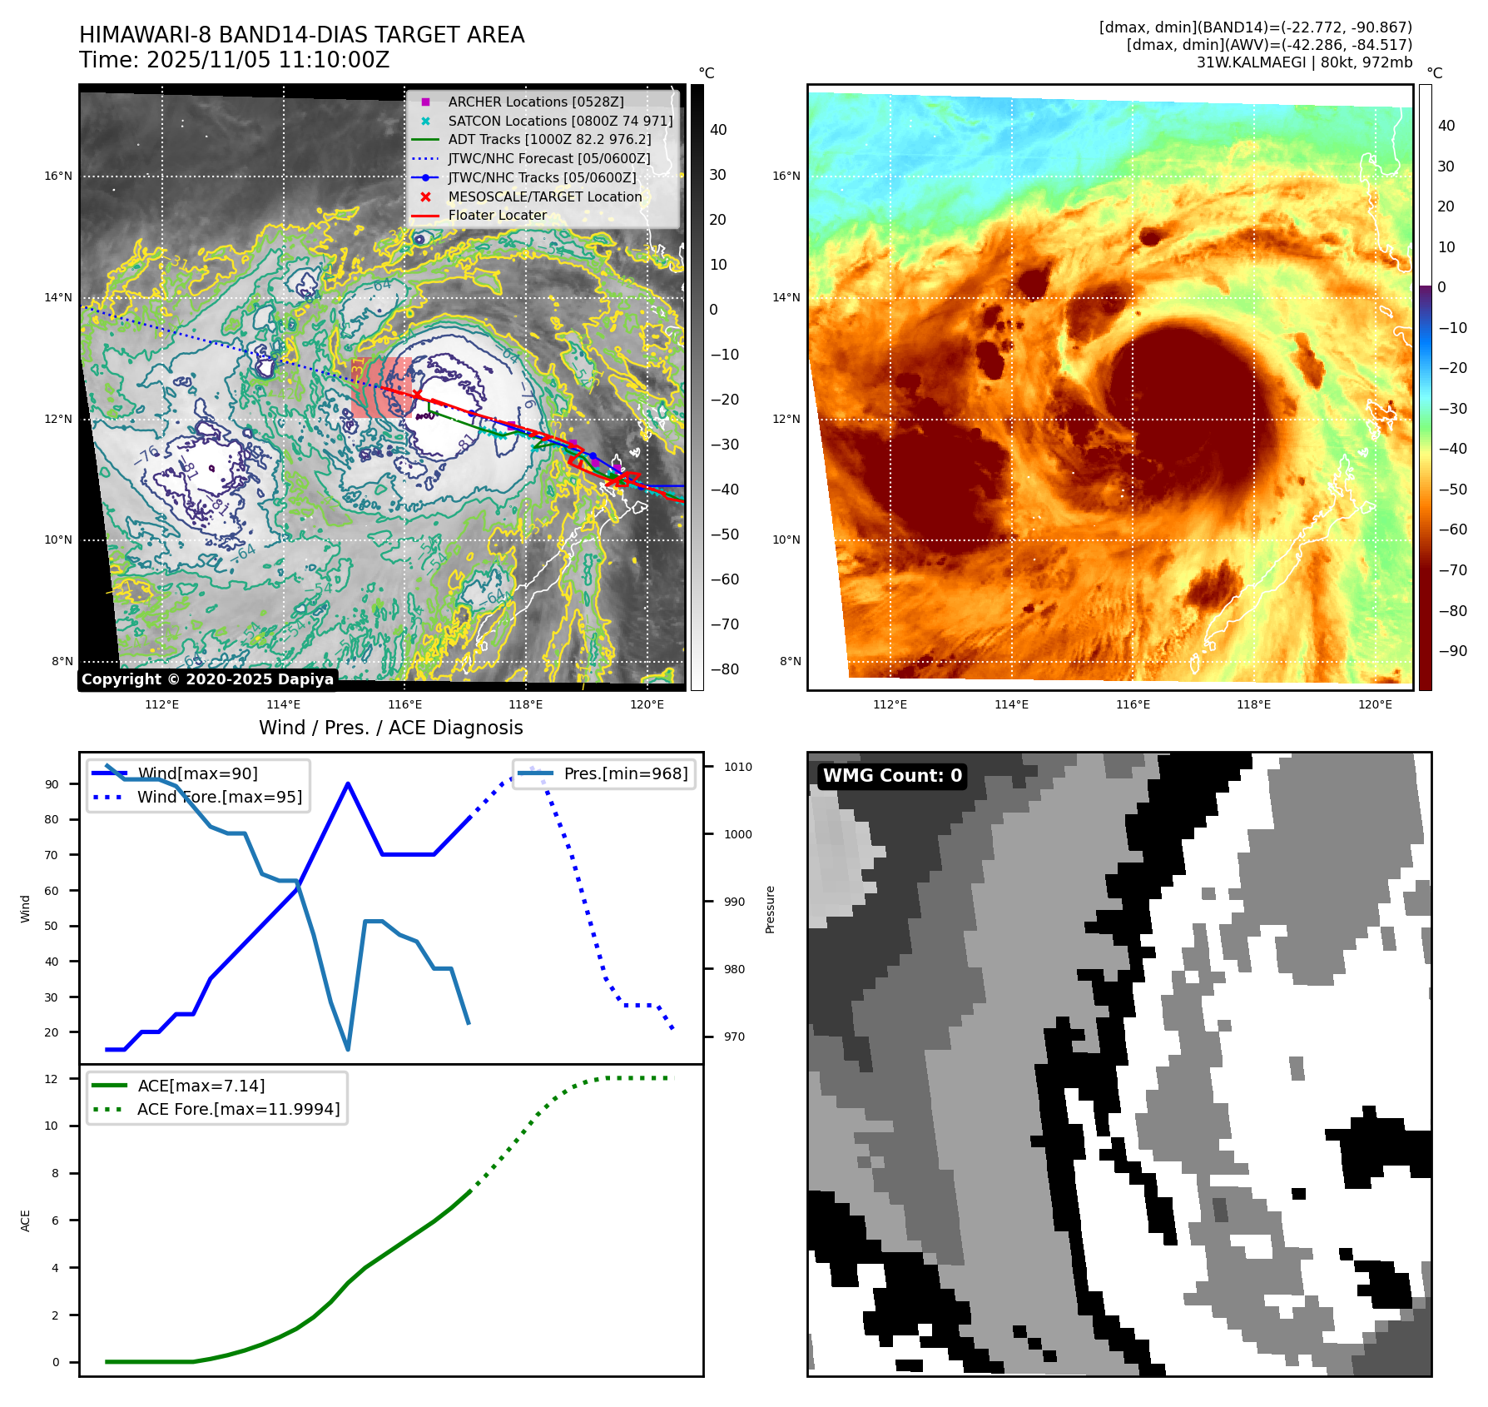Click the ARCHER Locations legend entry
pyautogui.click(x=535, y=102)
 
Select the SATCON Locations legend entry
pyautogui.click(x=559, y=121)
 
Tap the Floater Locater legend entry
pyautogui.click(x=497, y=215)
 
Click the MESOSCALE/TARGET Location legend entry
pyautogui.click(x=544, y=196)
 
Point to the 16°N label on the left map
pyautogui.click(x=58, y=176)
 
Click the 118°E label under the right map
pyautogui.click(x=1253, y=704)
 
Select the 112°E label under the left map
pyautogui.click(x=161, y=704)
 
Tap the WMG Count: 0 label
pyautogui.click(x=892, y=776)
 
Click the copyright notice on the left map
pyautogui.click(x=207, y=679)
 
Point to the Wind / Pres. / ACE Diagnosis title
pyautogui.click(x=391, y=728)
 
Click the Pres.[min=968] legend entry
pyautogui.click(x=625, y=773)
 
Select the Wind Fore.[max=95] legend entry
pyautogui.click(x=219, y=797)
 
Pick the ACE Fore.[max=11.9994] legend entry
pyautogui.click(x=238, y=1109)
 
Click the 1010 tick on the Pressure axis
pyautogui.click(x=737, y=767)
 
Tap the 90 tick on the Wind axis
pyautogui.click(x=52, y=784)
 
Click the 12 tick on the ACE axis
pyautogui.click(x=52, y=1079)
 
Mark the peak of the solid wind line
pyautogui.click(x=348, y=783)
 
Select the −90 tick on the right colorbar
pyautogui.click(x=1453, y=651)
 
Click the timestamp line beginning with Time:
pyautogui.click(x=234, y=60)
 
